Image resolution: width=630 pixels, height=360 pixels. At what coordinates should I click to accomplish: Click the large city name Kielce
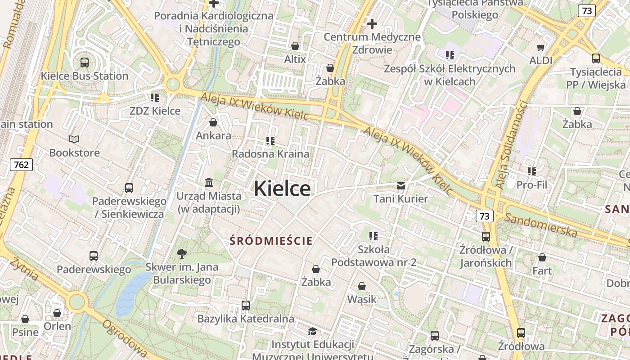click(x=282, y=188)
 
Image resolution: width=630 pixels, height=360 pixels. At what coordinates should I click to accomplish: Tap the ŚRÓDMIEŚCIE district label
click(x=271, y=241)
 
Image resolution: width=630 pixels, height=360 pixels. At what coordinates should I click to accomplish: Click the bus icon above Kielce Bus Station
click(x=85, y=63)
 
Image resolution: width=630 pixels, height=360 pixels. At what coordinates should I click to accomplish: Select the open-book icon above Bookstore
click(x=74, y=139)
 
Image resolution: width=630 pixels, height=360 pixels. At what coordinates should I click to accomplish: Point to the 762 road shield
click(x=21, y=165)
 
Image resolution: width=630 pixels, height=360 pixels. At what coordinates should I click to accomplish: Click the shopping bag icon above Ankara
click(x=213, y=122)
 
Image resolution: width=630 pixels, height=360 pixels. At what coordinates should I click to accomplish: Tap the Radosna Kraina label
click(x=270, y=154)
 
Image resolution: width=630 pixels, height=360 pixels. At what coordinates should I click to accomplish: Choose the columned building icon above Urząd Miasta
click(x=209, y=183)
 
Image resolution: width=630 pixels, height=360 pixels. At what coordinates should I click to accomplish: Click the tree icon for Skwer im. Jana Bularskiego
click(x=182, y=254)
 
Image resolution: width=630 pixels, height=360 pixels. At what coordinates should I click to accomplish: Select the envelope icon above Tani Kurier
click(x=400, y=185)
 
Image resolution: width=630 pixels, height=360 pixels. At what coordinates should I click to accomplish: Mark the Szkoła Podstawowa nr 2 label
click(x=374, y=256)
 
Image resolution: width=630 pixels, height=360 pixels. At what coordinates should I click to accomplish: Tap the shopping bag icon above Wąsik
click(x=362, y=286)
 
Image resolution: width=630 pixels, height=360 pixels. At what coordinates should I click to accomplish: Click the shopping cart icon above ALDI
click(x=541, y=47)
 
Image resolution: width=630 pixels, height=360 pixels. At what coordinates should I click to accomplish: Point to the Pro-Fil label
click(x=532, y=184)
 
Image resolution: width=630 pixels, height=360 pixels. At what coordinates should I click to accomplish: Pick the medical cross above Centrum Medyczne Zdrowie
click(x=372, y=23)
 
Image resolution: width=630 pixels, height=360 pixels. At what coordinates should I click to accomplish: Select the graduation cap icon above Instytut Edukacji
click(x=312, y=332)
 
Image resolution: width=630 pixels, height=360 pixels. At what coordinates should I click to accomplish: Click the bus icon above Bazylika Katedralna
click(x=246, y=306)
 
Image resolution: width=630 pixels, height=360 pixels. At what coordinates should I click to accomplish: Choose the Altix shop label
click(x=295, y=59)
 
